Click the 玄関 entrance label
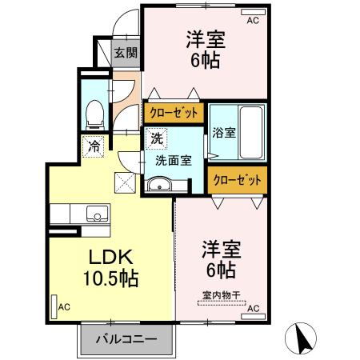[125, 54]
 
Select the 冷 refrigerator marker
[94, 147]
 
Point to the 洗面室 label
[173, 159]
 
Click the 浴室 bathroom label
[224, 133]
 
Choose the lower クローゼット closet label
[237, 181]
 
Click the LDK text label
[109, 258]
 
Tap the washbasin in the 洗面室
[159, 187]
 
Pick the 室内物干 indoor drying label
[220, 294]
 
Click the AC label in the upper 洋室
[253, 21]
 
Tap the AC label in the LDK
[64, 306]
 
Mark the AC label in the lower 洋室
[253, 307]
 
